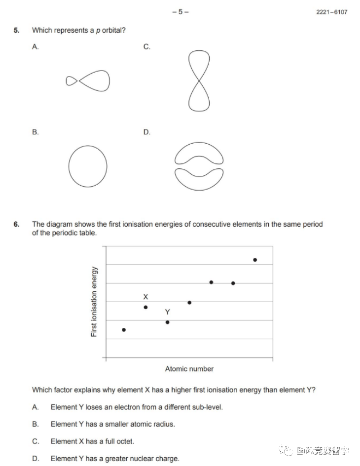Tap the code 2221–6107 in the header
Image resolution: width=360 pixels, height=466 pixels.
tap(331, 12)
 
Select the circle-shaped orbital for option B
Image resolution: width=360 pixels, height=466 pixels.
tap(87, 164)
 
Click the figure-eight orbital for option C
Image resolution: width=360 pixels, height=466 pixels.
tap(199, 80)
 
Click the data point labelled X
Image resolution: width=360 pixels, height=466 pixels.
tap(145, 308)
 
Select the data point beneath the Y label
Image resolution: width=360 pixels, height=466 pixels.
tap(167, 322)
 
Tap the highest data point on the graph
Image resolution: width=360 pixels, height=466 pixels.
tap(255, 260)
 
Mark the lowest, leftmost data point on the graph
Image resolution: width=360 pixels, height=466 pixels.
tap(123, 330)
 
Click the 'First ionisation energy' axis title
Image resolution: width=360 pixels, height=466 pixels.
tap(94, 302)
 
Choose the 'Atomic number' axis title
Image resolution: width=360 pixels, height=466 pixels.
tap(189, 369)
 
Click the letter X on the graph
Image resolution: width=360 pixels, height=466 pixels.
tap(145, 297)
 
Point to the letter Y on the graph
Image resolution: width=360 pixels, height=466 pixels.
tap(167, 311)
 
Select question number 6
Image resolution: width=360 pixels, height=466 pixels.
tap(16, 224)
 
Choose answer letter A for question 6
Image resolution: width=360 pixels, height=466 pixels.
tap(35, 407)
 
